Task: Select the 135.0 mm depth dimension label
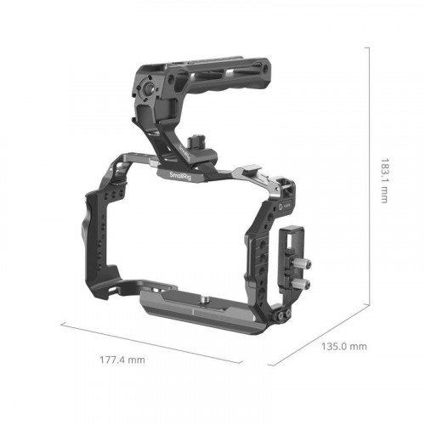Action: tap(343, 346)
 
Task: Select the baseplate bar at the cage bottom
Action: tap(204, 314)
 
